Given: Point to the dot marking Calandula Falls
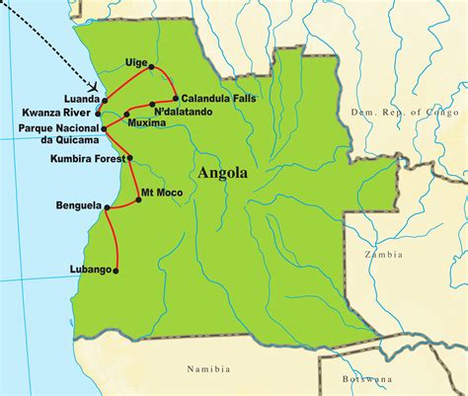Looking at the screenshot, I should pyautogui.click(x=176, y=98).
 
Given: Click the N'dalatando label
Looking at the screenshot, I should pyautogui.click(x=189, y=112).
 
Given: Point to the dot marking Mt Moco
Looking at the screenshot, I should pyautogui.click(x=138, y=199).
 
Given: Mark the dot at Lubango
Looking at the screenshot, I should pyautogui.click(x=117, y=270).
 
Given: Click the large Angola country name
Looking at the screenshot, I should pyautogui.click(x=224, y=174).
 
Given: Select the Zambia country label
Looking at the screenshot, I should pyautogui.click(x=381, y=255).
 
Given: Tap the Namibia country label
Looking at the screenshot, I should pyautogui.click(x=208, y=369).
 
